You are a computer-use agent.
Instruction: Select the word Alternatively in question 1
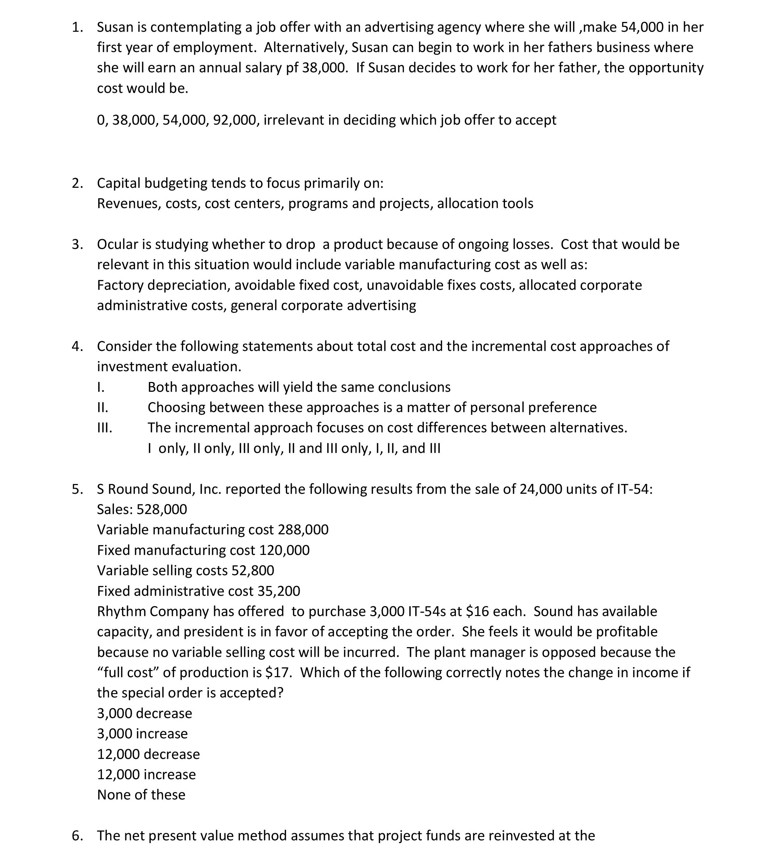(x=305, y=47)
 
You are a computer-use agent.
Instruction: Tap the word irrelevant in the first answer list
(x=294, y=120)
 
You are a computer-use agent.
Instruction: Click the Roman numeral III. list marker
(x=104, y=428)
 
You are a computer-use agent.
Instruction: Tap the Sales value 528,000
(x=162, y=510)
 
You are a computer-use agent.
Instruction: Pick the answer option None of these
(x=141, y=795)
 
